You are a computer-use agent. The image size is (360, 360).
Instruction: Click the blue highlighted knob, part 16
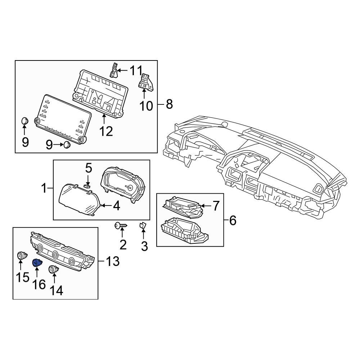[x=37, y=264]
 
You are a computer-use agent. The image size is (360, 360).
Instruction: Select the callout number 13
[x=112, y=262]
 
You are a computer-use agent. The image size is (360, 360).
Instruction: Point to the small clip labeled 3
[x=143, y=226]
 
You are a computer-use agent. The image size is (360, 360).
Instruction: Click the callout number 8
[x=169, y=105]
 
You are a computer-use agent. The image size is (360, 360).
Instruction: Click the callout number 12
[x=106, y=131]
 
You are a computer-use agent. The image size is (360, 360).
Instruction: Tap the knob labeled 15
[x=22, y=256]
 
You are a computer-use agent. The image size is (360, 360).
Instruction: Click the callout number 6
[x=233, y=220]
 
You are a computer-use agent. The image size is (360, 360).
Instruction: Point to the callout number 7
[x=215, y=206]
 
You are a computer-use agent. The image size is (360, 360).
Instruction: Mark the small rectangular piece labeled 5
[x=87, y=186]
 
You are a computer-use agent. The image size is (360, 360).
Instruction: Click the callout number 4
[x=116, y=206]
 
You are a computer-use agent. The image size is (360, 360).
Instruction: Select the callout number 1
[x=44, y=188]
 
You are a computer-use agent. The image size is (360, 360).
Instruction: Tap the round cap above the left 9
[x=24, y=121]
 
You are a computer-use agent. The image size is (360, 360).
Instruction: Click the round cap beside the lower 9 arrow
[x=67, y=145]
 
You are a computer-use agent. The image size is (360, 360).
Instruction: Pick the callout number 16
[x=39, y=284]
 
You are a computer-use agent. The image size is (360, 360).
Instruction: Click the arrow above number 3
[x=143, y=235]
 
